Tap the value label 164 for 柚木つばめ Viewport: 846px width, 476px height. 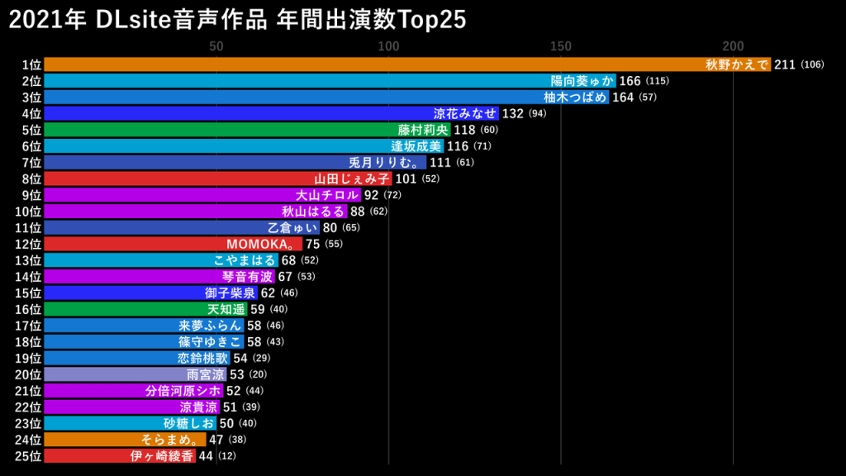pyautogui.click(x=623, y=98)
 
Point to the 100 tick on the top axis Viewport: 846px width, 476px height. pyautogui.click(x=388, y=46)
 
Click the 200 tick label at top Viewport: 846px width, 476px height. pyautogui.click(x=733, y=46)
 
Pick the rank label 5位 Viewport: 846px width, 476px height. pyautogui.click(x=31, y=130)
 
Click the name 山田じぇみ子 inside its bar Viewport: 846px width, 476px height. pyautogui.click(x=352, y=178)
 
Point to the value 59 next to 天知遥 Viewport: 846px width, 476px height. pyautogui.click(x=257, y=309)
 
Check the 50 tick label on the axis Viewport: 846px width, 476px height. pyautogui.click(x=216, y=46)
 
